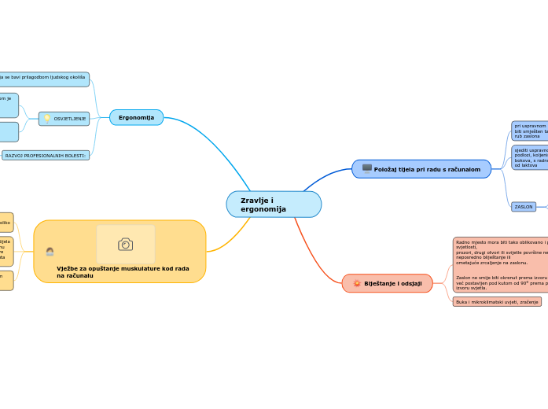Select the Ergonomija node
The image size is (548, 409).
point(136,117)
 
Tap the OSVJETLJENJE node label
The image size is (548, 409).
point(70,119)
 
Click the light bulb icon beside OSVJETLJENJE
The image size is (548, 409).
point(47,119)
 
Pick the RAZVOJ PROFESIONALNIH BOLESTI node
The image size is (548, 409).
point(46,156)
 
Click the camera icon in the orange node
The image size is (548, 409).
point(126,244)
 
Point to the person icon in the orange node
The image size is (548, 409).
point(50,252)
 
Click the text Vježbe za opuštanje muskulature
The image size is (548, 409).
point(123,271)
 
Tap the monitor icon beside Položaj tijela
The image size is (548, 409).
point(366,168)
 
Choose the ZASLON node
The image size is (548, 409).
point(524,207)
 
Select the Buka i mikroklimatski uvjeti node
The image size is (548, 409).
point(497,301)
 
